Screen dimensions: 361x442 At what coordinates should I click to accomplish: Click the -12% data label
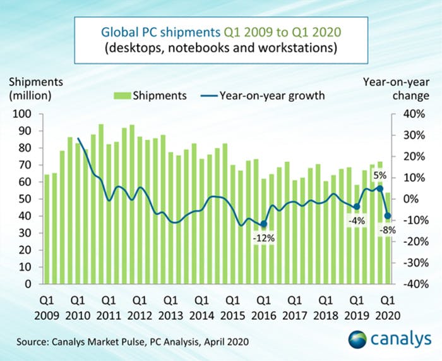point(263,238)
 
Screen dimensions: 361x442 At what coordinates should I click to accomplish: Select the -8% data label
point(386,231)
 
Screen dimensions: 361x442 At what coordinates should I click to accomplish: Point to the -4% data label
point(356,221)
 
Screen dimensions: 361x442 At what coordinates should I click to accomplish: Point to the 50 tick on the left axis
point(29,199)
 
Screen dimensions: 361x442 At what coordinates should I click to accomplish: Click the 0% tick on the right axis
point(407,199)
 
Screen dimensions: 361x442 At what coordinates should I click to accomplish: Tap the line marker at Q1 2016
point(263,224)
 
